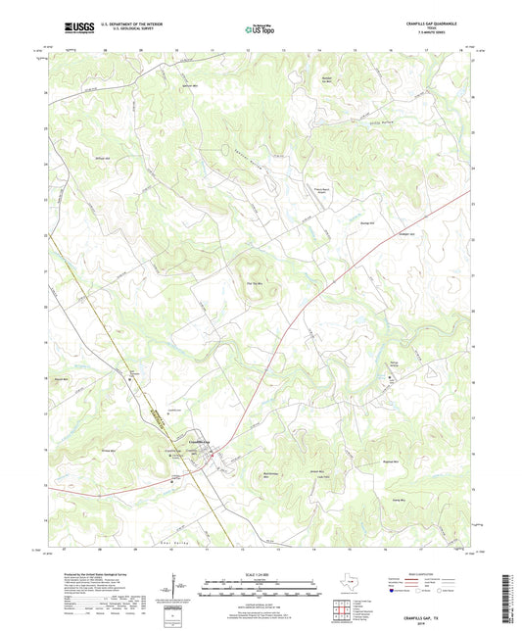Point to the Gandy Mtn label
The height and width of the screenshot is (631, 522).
coord(401,499)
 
